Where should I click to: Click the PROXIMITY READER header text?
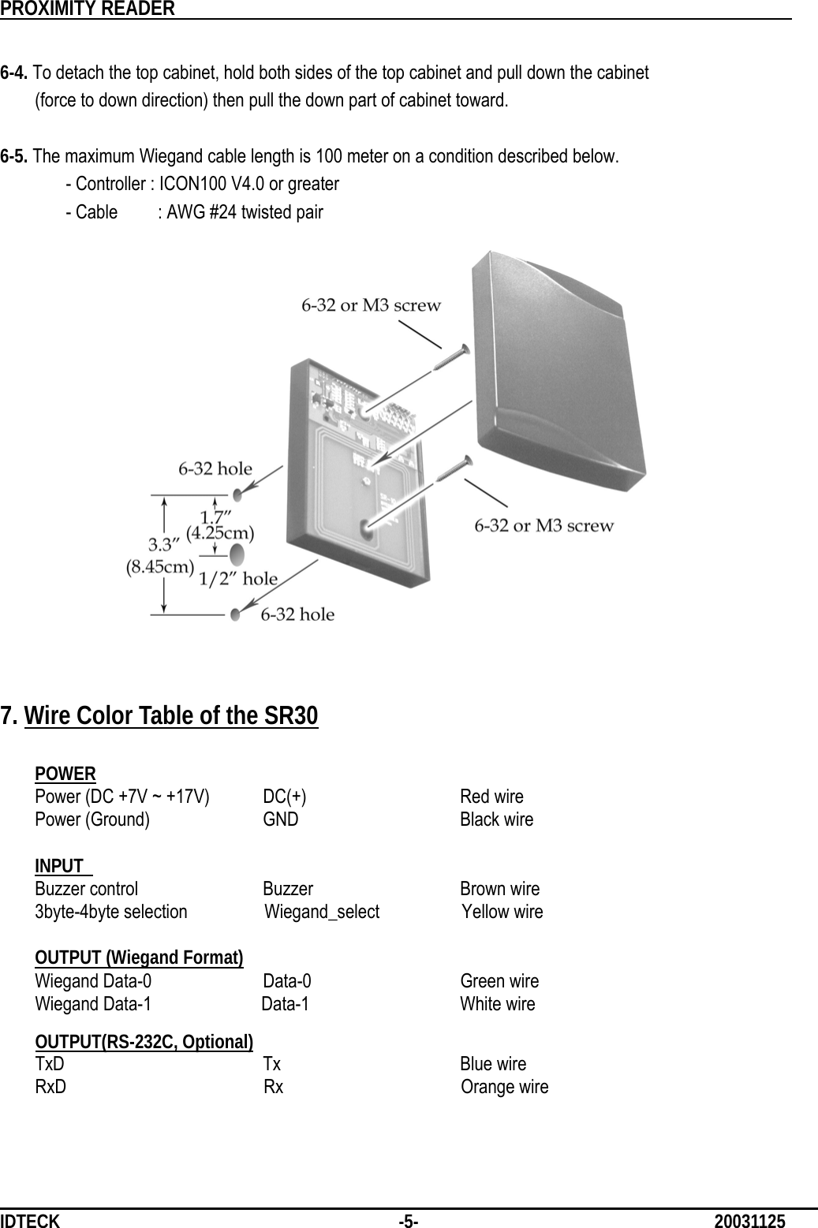click(88, 9)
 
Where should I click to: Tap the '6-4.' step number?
click(15, 74)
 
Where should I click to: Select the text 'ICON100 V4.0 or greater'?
click(249, 185)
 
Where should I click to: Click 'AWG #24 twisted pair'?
click(241, 213)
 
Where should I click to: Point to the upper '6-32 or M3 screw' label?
click(371, 305)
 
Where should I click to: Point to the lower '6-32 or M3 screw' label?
click(543, 525)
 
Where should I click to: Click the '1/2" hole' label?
click(237, 579)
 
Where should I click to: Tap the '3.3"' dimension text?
click(164, 544)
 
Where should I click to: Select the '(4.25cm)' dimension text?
click(220, 532)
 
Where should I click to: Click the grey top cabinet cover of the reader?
click(552, 371)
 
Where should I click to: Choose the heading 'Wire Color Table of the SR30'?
click(171, 716)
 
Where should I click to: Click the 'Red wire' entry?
click(491, 797)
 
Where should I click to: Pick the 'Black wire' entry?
click(496, 819)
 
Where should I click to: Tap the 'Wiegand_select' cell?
click(322, 913)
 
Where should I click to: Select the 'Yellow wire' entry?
click(502, 913)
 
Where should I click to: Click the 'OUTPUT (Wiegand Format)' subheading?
click(139, 958)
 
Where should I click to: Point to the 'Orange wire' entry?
click(505, 1088)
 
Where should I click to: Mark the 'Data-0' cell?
click(286, 982)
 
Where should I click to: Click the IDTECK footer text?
click(30, 1222)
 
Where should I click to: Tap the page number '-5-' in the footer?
click(409, 1222)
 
